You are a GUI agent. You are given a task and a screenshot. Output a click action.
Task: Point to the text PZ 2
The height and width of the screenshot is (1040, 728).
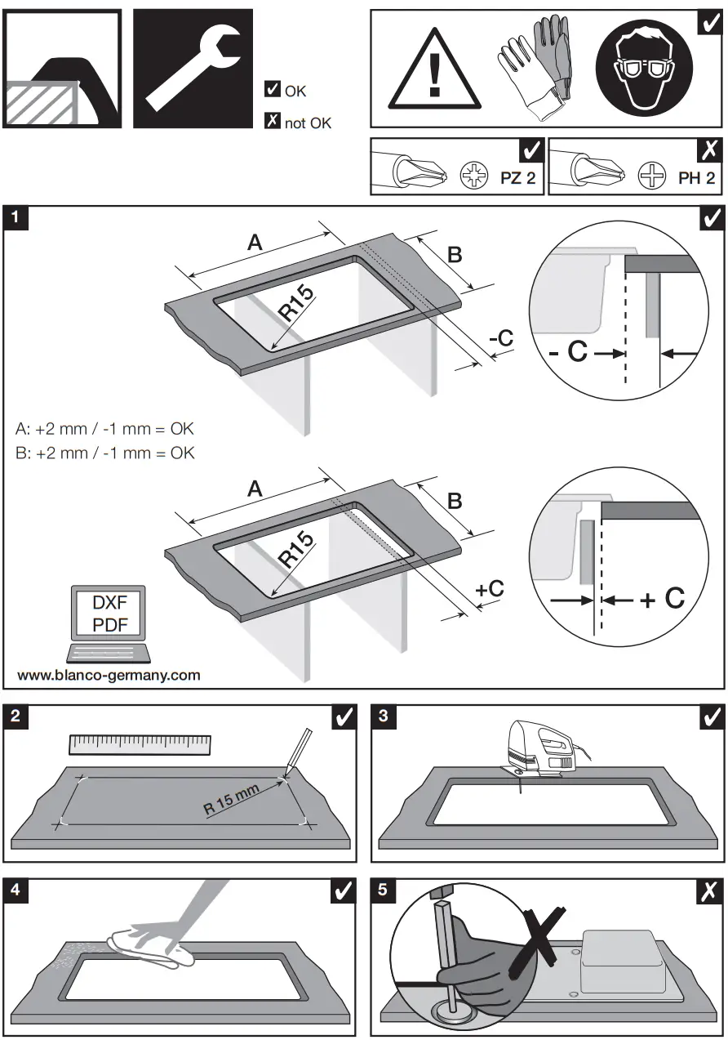517,178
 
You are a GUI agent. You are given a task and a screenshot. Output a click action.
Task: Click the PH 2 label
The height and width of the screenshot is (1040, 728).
695,178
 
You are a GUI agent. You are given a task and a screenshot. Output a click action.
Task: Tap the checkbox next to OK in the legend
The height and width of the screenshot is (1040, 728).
273,90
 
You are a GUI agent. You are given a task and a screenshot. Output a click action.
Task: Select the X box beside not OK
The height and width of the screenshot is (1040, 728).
273,122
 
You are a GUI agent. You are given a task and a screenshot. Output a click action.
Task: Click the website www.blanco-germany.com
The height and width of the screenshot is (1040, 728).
109,675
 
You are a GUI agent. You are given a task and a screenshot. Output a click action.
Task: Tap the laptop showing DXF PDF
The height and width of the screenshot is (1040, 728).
109,624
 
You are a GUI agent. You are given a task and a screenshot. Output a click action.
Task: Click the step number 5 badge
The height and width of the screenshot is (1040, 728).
384,890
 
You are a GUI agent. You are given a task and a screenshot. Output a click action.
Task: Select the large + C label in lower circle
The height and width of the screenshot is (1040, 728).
661,599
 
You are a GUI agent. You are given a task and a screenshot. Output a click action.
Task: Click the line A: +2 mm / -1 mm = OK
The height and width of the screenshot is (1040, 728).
105,429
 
